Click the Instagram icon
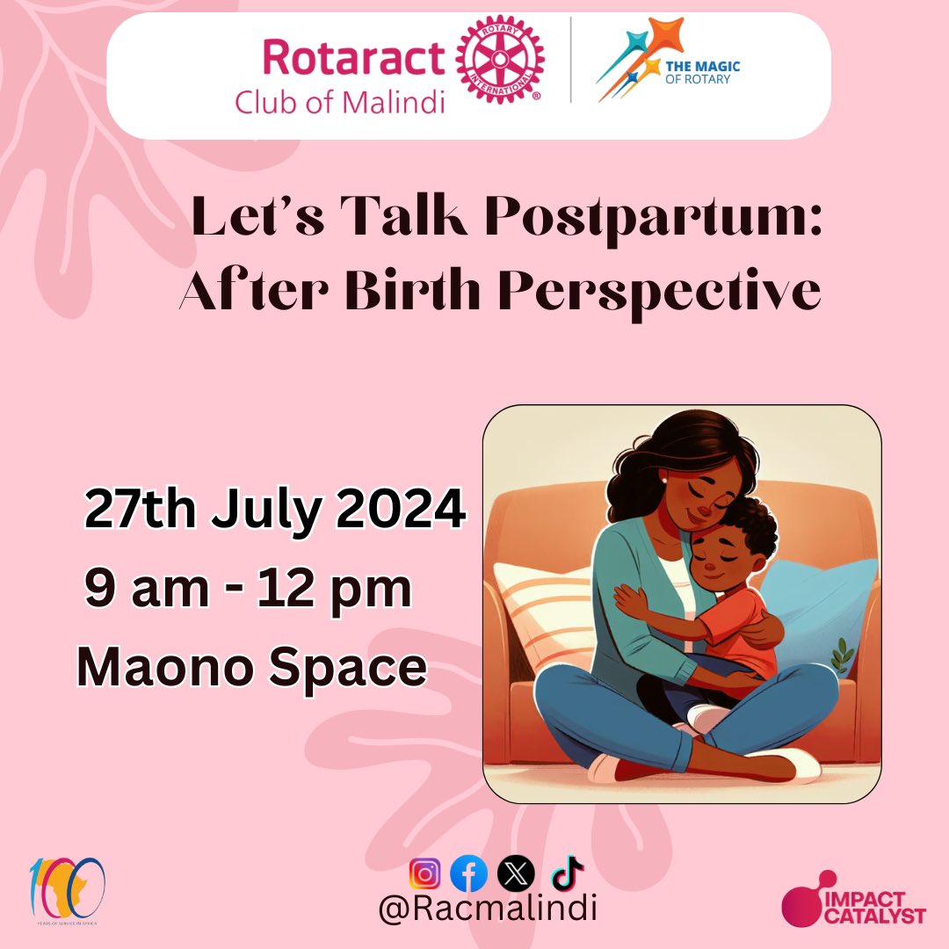425,874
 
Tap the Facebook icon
468,874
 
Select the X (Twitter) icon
511,874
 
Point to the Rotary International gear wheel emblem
498,61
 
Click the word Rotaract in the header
353,59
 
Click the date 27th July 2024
274,510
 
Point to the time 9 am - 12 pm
248,590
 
